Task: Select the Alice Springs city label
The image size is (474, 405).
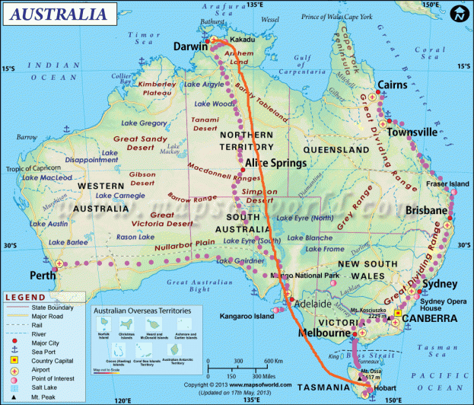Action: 275,162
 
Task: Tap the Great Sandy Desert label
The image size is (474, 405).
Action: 140,144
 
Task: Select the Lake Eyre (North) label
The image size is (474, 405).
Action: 304,218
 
